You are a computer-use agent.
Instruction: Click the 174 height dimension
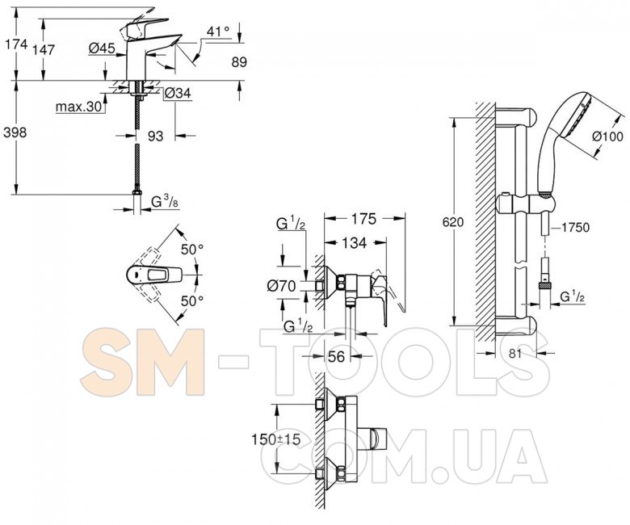coord(16,44)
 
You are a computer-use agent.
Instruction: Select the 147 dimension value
coord(44,50)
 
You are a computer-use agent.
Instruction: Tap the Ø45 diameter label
coord(102,48)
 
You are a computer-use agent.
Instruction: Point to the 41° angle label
coord(219,31)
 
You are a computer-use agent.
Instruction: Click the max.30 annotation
coord(79,107)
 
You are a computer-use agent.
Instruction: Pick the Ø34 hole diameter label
coord(178,94)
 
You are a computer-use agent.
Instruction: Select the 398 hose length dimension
coord(15,132)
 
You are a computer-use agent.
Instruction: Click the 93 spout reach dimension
coord(156,136)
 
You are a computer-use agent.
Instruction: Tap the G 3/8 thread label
coord(165,202)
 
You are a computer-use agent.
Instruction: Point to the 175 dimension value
coord(364,219)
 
